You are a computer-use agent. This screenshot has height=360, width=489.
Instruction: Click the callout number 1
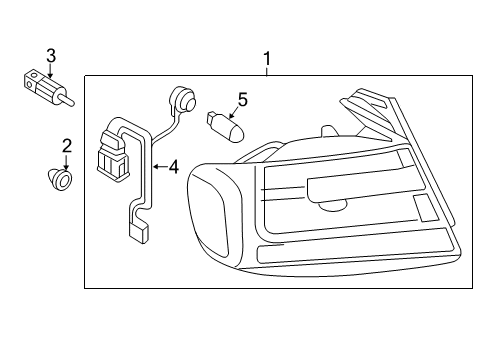coord(267,59)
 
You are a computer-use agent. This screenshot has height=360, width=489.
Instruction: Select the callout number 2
coord(67,146)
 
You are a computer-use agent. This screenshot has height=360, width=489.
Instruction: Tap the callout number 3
coord(51,55)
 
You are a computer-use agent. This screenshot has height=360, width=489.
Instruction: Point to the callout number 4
coord(173,167)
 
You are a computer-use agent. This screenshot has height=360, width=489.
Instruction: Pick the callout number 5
coord(243,100)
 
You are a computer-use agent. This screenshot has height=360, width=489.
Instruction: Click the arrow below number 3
coord(50,71)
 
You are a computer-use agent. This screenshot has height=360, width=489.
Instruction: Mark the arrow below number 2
coord(67,163)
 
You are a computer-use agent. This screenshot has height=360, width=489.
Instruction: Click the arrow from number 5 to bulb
coord(233,112)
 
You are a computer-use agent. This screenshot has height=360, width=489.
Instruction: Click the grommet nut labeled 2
coord(59,179)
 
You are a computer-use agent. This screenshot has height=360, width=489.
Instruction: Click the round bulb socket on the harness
coord(183,99)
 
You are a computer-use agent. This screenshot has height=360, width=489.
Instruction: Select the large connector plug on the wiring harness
coord(112,156)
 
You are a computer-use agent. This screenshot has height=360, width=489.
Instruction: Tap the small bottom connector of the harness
coord(138,232)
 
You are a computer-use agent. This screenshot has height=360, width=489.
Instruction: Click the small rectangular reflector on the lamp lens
coord(425,208)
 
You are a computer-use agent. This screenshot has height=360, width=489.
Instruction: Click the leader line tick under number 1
coord(267,71)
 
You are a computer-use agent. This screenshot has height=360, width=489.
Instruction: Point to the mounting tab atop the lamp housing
coord(328,131)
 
